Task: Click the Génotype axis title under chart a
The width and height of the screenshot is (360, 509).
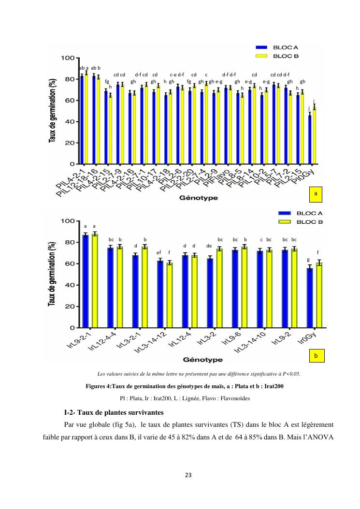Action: click(x=199, y=198)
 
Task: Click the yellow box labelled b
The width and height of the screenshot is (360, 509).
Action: click(x=315, y=355)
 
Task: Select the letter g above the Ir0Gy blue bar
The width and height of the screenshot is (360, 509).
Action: click(x=309, y=260)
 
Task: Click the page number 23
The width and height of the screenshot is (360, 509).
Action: click(x=180, y=474)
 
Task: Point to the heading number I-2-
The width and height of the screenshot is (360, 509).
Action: click(x=72, y=412)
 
